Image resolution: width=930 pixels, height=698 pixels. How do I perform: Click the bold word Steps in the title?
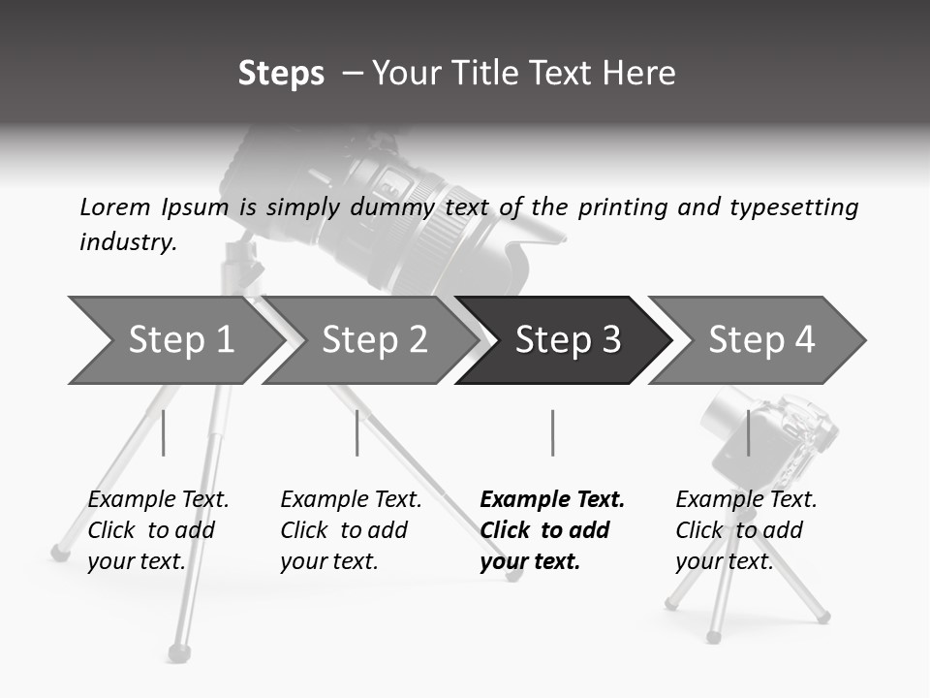click(x=281, y=74)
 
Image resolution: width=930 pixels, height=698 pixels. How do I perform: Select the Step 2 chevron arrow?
click(x=373, y=340)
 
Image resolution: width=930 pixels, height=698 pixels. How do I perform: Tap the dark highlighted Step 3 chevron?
click(x=567, y=340)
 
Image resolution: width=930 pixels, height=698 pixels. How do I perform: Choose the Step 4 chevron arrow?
click(x=760, y=340)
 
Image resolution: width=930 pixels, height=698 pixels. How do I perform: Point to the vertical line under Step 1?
click(x=163, y=432)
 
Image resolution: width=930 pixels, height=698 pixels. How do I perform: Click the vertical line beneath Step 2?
click(x=357, y=432)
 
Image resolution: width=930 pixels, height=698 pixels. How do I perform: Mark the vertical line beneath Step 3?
click(x=552, y=432)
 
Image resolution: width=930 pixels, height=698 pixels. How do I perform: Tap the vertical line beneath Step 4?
click(x=748, y=432)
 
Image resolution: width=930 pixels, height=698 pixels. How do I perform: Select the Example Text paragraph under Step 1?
click(x=158, y=529)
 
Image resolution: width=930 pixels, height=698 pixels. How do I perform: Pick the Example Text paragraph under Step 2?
click(x=351, y=529)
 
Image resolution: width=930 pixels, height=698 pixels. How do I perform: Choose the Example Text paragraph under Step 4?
click(x=746, y=529)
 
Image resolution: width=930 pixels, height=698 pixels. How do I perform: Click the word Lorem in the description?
click(x=115, y=206)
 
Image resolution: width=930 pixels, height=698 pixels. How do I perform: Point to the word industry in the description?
click(x=127, y=242)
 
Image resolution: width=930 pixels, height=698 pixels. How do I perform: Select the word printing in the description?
click(x=619, y=207)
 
